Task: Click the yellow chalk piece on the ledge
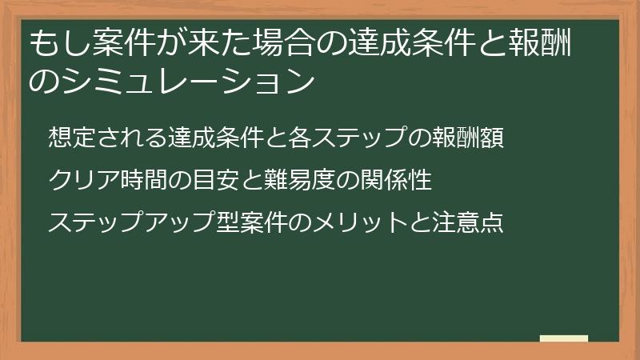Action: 564,338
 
